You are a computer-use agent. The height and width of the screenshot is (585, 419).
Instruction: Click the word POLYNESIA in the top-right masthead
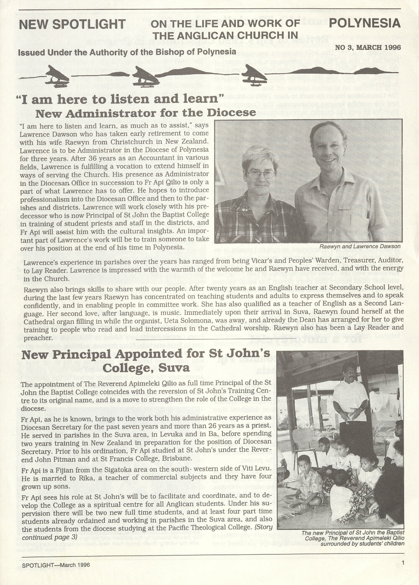pos(365,23)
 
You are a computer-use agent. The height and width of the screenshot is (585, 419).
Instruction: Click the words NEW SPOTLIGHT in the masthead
pos(72,24)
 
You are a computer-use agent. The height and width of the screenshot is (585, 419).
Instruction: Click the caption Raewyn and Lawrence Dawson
pos(360,247)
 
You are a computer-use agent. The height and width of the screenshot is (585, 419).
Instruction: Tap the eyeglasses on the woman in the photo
pos(261,173)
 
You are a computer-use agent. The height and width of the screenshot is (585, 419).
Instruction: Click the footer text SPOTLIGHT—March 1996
pos(56,564)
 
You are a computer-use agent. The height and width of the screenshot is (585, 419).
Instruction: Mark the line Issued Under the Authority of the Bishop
pos(127,52)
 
